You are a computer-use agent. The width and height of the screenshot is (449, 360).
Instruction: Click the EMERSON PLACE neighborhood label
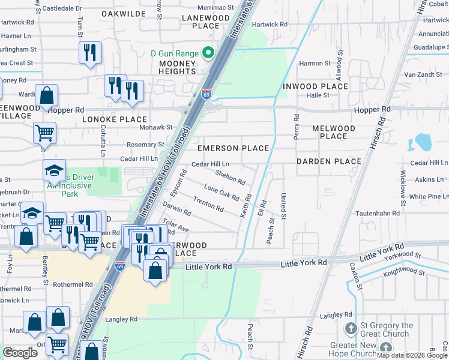[x=234, y=148]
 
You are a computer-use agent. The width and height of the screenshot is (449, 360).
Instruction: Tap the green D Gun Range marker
[x=209, y=53]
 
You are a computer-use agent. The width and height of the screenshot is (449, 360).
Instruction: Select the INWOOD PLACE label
[x=315, y=86]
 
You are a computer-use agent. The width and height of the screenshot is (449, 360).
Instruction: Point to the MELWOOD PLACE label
[x=334, y=132]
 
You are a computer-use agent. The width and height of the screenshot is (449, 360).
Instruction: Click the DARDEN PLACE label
[x=329, y=161]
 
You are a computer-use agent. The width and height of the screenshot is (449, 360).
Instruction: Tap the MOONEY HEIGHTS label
[x=177, y=67]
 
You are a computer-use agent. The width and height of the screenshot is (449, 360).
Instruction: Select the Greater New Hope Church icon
[x=385, y=348]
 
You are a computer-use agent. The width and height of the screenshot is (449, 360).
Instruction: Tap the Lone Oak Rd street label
[x=221, y=193]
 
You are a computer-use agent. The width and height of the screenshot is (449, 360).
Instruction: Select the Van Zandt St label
[x=425, y=74]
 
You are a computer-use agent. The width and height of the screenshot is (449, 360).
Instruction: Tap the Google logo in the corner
[x=20, y=353]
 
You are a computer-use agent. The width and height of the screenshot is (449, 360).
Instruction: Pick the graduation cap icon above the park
[x=54, y=170]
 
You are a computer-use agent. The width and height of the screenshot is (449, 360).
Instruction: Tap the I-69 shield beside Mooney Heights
[x=206, y=95]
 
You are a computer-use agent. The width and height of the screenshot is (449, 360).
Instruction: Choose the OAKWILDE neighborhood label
[x=124, y=13]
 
